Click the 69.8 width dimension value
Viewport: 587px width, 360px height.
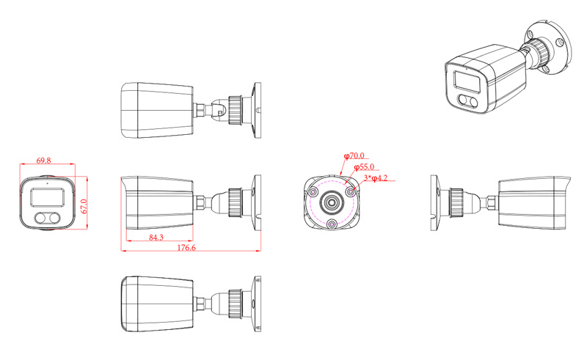point(43,160)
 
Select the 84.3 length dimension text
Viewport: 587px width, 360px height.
point(156,238)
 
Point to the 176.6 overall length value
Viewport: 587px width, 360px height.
point(188,248)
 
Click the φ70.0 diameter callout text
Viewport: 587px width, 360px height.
point(354,156)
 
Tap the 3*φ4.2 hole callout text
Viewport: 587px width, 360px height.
point(376,178)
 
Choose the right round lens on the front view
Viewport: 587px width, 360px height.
point(55,218)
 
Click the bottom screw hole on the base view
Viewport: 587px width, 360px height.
point(332,224)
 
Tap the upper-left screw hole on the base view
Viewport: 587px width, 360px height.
point(314,191)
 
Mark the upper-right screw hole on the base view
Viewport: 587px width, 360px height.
point(351,191)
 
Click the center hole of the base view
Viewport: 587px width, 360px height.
point(332,202)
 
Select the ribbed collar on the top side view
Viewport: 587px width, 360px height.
point(237,108)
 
